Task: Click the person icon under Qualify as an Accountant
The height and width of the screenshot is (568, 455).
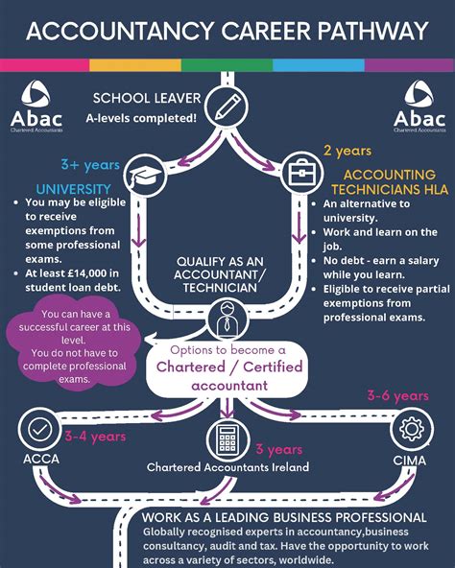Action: point(227,317)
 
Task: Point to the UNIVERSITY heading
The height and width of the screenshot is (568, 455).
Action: point(73,188)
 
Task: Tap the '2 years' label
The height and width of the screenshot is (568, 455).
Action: point(347,151)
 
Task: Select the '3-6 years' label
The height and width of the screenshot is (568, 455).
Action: point(397,394)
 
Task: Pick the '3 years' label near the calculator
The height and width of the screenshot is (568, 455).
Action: point(279,449)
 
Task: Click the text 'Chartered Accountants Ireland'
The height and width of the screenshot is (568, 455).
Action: point(227,467)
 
